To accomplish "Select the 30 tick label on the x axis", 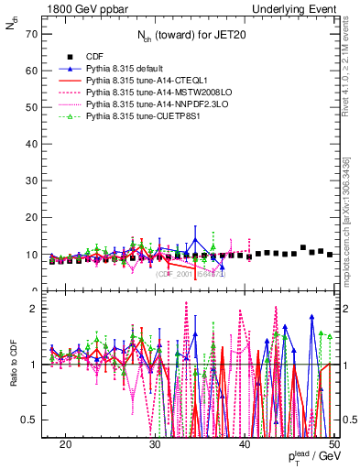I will [155, 443].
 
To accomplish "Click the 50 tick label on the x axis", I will [334, 443].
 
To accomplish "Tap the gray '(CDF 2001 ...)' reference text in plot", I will [191, 274].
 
